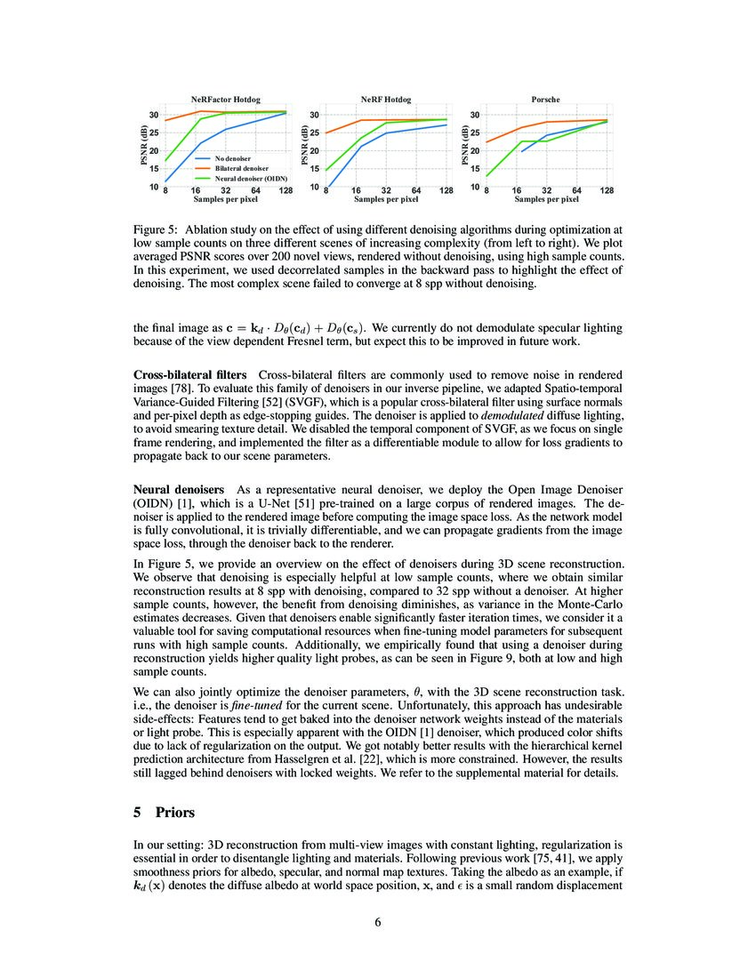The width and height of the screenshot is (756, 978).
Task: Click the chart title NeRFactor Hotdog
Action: tap(226, 100)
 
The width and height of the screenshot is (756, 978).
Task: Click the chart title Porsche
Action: tap(545, 100)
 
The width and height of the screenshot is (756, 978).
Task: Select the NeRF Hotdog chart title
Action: tap(385, 100)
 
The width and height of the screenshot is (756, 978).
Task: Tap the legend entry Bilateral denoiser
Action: tap(240, 168)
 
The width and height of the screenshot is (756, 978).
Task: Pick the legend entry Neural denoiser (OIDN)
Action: tap(250, 178)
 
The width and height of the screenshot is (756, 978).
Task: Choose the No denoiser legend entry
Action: tap(232, 158)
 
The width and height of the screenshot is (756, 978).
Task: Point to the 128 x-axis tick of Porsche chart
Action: tap(607, 191)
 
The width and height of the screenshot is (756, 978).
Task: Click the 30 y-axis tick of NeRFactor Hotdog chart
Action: tap(153, 116)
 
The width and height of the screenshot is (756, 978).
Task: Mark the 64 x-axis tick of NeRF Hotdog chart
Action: tap(416, 191)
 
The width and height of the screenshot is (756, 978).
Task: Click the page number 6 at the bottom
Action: tap(378, 922)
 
